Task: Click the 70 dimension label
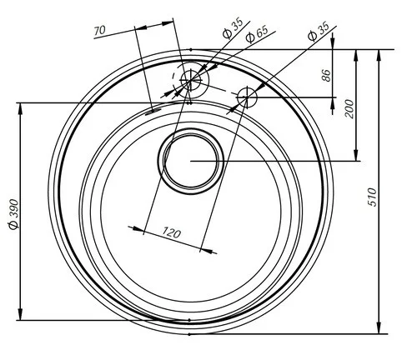point(99,30)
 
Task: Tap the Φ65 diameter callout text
point(257,34)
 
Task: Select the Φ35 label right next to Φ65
point(233,28)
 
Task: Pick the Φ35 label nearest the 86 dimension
point(319,32)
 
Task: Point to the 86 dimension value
point(326,75)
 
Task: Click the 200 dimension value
point(349,108)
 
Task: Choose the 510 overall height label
point(372,197)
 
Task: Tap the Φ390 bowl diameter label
point(13,214)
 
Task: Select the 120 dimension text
point(172,232)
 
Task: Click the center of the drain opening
point(191,161)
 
